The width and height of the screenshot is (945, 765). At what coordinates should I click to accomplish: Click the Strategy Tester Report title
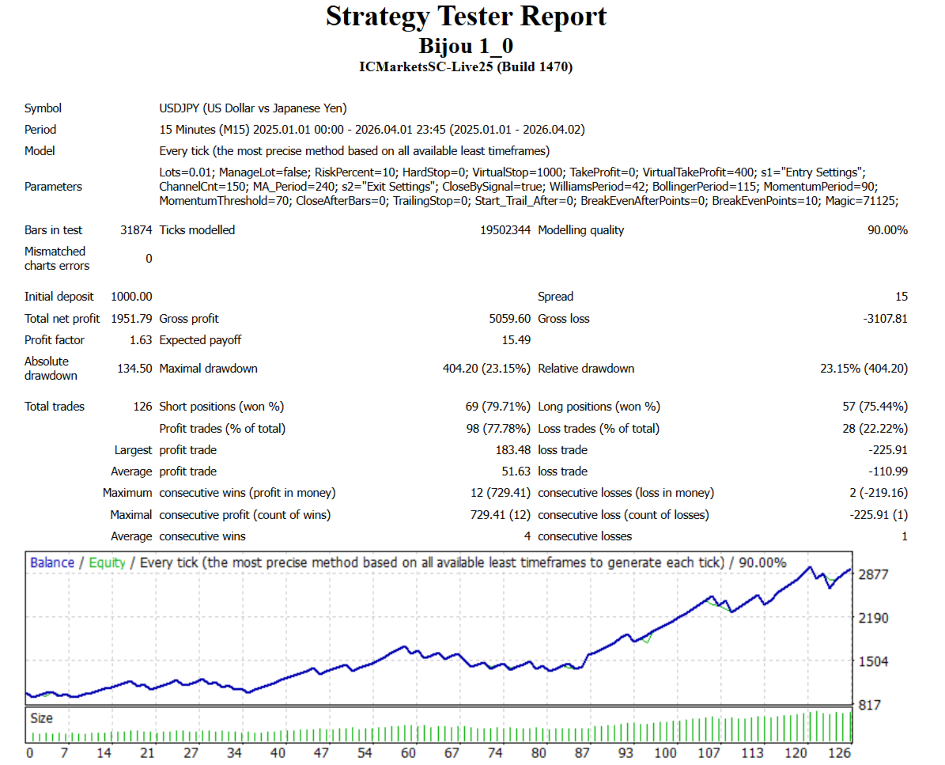466,17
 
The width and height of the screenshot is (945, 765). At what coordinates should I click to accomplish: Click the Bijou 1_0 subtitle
466,45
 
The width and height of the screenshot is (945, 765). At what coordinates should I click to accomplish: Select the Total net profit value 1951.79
127,319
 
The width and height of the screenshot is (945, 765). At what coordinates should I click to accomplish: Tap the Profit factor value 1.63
140,340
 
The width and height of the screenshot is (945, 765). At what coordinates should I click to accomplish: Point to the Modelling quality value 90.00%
887,230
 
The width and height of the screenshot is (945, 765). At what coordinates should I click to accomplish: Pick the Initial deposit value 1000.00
131,297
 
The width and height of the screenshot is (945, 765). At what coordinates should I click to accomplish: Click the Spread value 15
901,297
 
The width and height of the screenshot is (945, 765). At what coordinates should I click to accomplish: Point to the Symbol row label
43,108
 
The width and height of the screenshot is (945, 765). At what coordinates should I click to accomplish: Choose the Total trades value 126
142,407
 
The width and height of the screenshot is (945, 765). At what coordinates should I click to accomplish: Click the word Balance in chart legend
52,563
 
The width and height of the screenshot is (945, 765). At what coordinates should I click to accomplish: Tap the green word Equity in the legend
107,563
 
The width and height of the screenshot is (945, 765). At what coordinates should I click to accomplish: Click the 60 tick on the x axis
408,753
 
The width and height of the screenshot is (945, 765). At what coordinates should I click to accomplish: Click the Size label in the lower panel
42,718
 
